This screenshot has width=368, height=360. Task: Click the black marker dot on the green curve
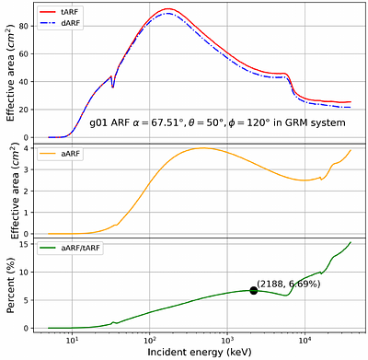click(x=254, y=290)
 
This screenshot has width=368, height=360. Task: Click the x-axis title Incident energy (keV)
click(x=195, y=352)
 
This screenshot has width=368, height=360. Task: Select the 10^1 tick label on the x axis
click(x=72, y=339)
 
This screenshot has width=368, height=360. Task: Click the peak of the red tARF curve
click(x=167, y=9)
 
